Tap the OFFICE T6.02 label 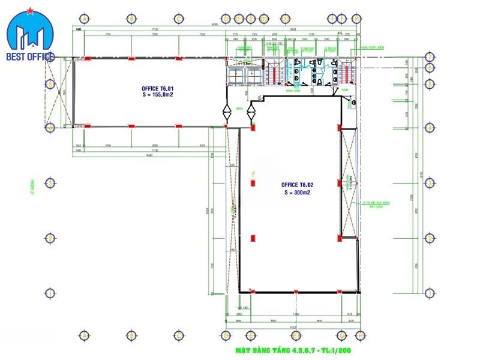click(298, 185)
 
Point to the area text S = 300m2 click(298, 192)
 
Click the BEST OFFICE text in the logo click(30, 57)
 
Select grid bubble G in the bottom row click(343, 335)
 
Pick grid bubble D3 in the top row click(265, 19)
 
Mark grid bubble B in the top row click(131, 19)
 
